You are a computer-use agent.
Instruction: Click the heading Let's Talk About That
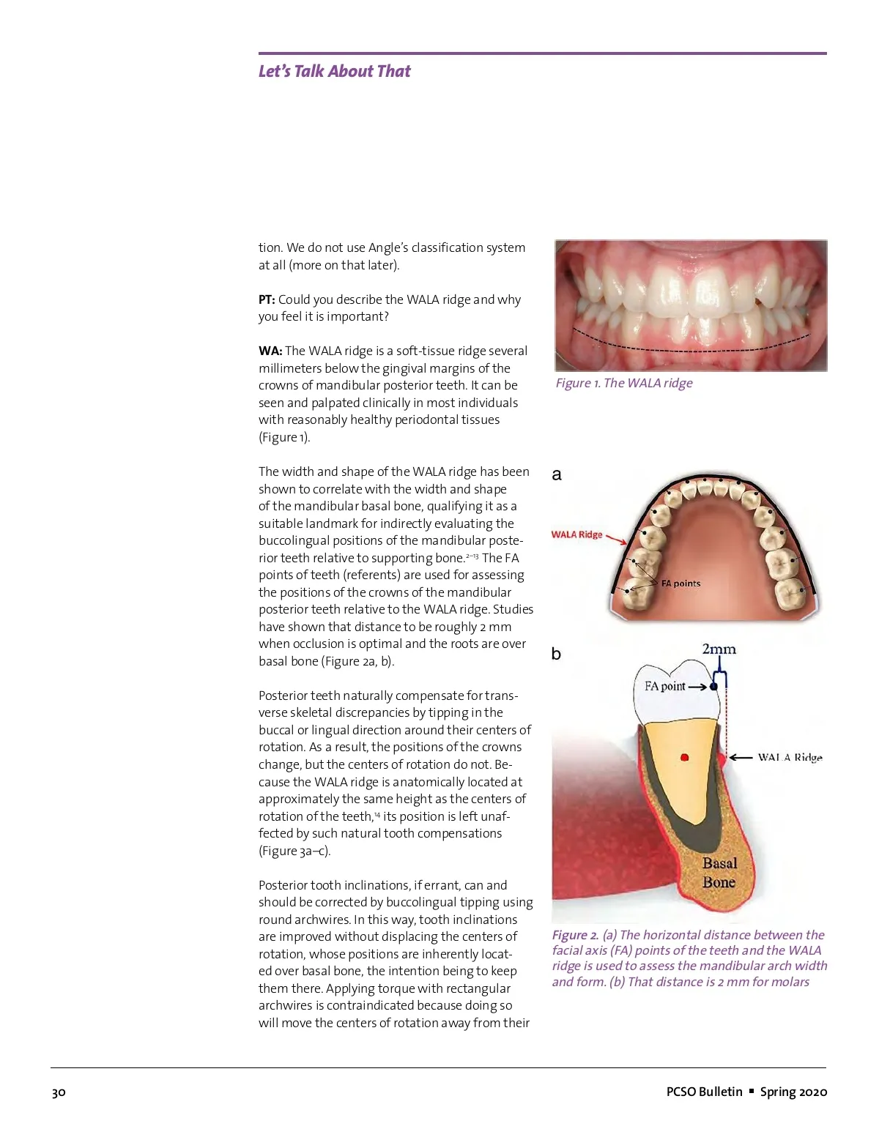click(x=334, y=71)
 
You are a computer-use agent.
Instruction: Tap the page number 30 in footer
click(x=59, y=1092)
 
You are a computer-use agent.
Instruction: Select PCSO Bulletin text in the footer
click(x=704, y=1092)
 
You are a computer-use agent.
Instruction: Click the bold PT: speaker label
click(x=267, y=299)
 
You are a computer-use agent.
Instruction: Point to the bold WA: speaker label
click(x=270, y=351)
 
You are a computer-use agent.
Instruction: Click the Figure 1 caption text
click(x=623, y=383)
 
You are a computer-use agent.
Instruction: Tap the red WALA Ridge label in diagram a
click(x=576, y=534)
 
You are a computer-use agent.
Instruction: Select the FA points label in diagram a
click(x=680, y=584)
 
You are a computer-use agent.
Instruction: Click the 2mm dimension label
click(x=719, y=649)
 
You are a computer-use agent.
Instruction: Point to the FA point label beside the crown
click(x=664, y=686)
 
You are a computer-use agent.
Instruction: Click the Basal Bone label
click(x=719, y=873)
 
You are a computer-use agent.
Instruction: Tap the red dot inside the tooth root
click(x=685, y=757)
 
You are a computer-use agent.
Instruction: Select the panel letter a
click(x=557, y=474)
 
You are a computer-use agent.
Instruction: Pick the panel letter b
click(x=556, y=654)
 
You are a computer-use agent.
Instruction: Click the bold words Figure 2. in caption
click(x=575, y=935)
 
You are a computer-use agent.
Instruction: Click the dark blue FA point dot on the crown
click(x=714, y=687)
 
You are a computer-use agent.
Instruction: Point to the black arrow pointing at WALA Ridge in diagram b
click(x=741, y=758)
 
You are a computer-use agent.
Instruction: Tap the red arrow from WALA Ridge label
click(x=617, y=540)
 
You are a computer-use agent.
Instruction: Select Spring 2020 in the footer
click(x=793, y=1092)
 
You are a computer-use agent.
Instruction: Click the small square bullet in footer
click(x=751, y=1091)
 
